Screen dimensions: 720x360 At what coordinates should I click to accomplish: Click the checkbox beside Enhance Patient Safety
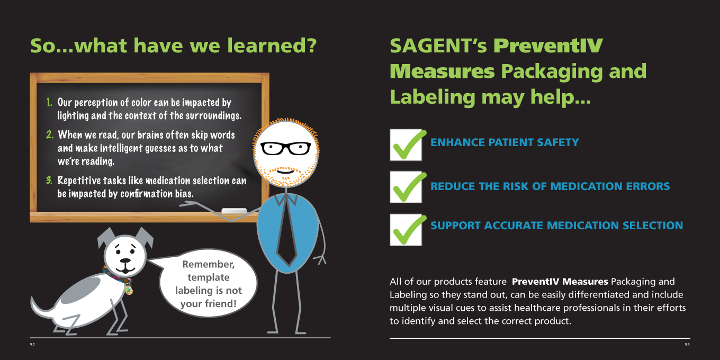(x=406, y=145)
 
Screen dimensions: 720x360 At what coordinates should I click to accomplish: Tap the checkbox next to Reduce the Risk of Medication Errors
(x=406, y=187)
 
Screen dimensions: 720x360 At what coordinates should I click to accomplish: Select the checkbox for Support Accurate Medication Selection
(x=406, y=230)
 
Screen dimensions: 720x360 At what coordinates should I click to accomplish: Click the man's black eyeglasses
(x=285, y=148)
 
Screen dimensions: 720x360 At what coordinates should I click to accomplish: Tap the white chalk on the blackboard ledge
(x=235, y=211)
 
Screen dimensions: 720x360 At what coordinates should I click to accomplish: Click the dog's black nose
(x=125, y=260)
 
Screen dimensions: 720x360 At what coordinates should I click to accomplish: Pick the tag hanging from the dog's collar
(x=129, y=290)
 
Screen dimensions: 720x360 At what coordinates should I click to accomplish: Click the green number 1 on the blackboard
(x=49, y=102)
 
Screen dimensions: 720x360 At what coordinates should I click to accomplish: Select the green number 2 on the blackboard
(x=50, y=134)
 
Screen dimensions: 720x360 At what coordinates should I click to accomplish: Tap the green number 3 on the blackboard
(x=49, y=180)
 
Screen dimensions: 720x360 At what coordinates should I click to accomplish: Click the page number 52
(x=32, y=345)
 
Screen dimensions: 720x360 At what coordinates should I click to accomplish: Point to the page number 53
(x=687, y=345)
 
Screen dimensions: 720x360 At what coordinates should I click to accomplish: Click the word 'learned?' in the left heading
(x=272, y=46)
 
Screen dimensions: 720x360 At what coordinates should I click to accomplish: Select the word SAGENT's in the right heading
(x=438, y=46)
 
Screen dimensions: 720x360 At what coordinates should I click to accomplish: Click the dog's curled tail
(x=42, y=308)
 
